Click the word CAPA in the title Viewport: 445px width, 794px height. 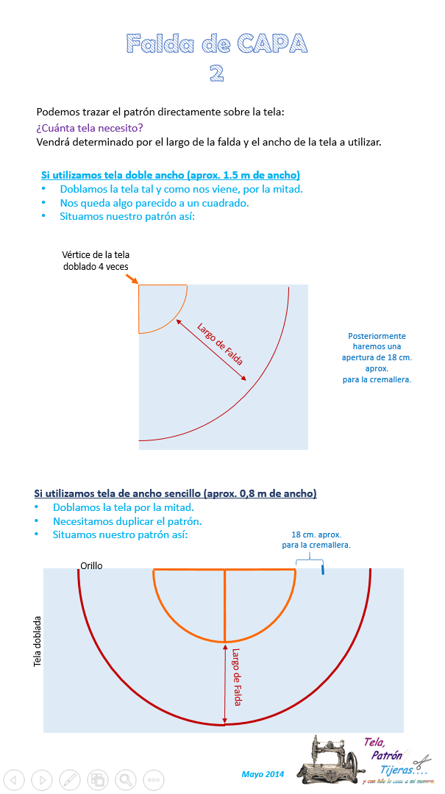(272, 44)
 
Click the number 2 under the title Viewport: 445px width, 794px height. (216, 73)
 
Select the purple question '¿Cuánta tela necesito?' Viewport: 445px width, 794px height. (89, 127)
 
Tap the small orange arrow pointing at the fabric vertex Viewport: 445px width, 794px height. (132, 279)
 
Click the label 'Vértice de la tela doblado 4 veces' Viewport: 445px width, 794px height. (96, 260)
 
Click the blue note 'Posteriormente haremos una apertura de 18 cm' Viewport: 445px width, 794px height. (379, 358)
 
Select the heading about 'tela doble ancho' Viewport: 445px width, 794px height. (171, 175)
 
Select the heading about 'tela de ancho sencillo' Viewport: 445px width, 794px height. (175, 493)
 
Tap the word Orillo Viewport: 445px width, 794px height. (91, 565)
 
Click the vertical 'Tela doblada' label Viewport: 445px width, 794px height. (38, 642)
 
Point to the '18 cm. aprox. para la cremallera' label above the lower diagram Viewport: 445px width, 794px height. (316, 540)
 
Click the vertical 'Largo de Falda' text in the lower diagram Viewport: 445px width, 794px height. (236, 676)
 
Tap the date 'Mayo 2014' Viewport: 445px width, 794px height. (263, 774)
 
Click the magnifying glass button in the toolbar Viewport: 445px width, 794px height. (126, 779)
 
